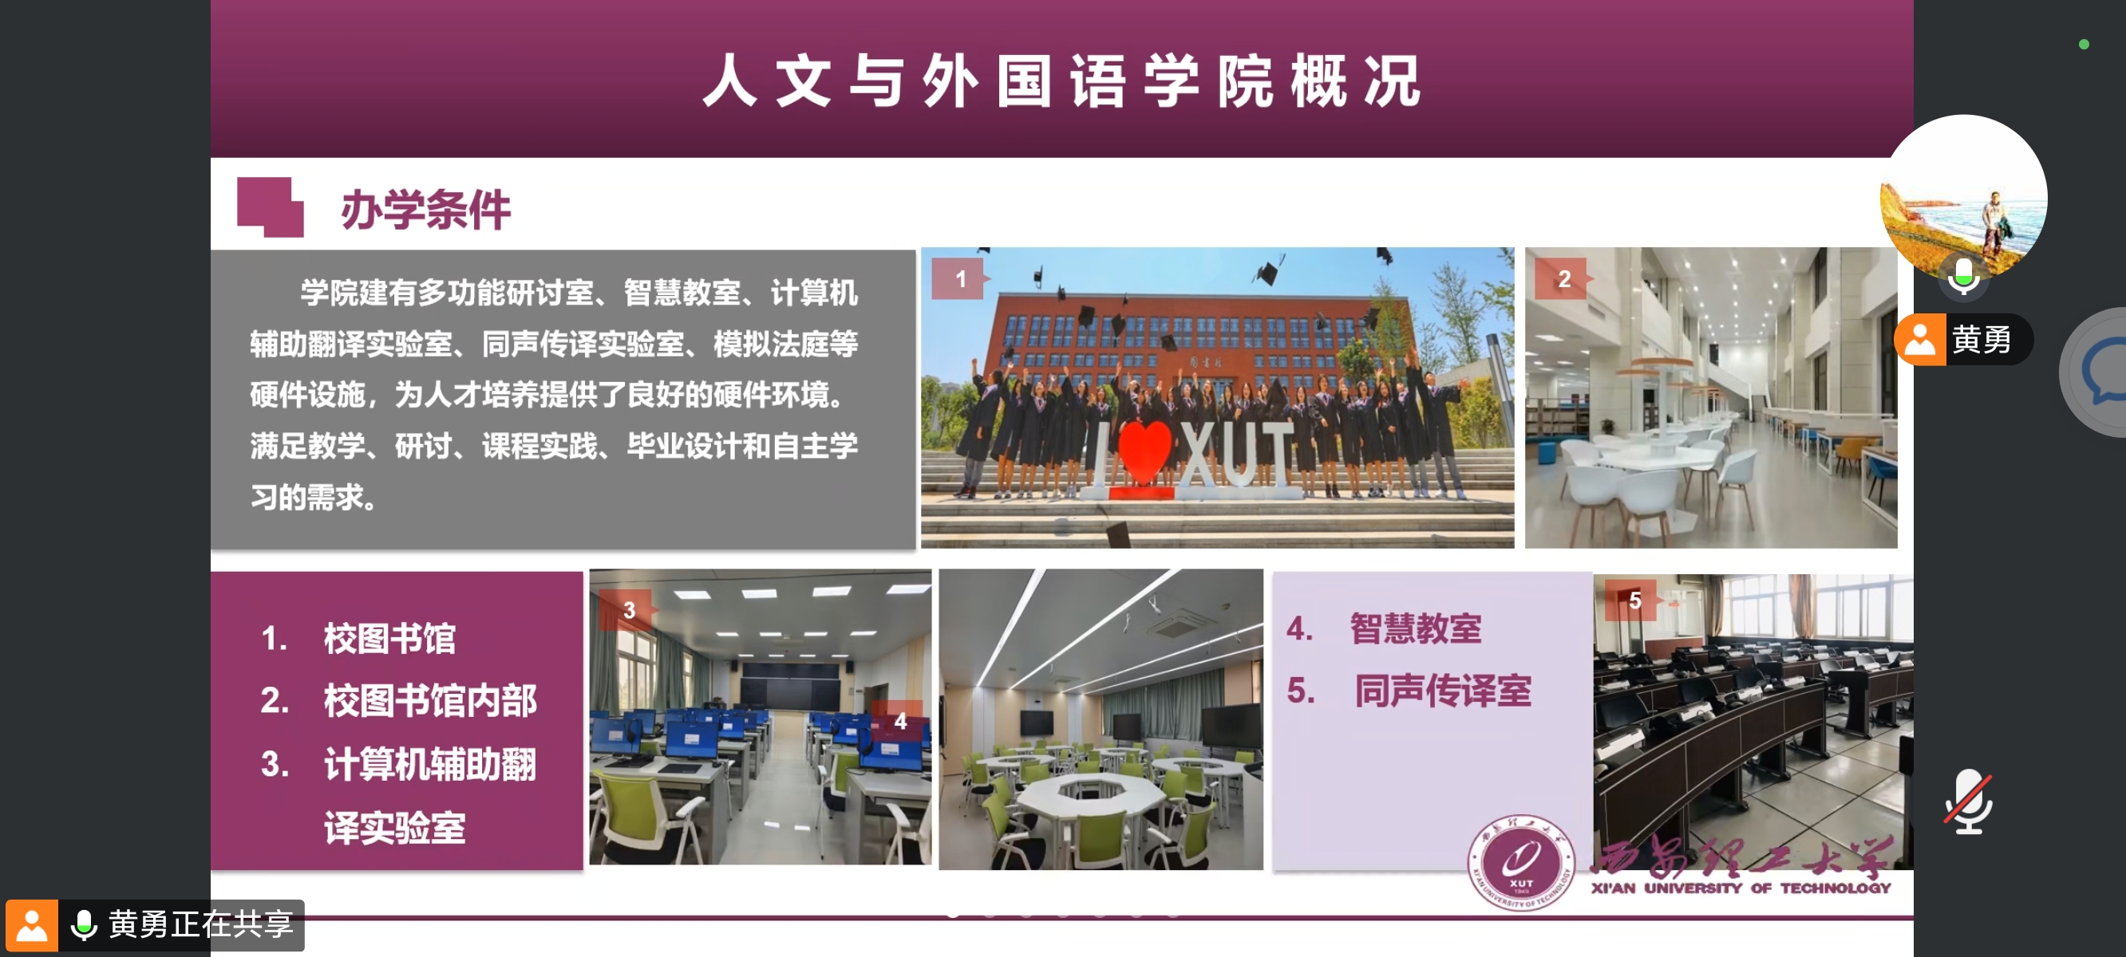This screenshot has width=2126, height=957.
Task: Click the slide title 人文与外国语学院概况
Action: [x=1062, y=81]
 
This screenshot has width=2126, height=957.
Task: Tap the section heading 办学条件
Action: [x=426, y=210]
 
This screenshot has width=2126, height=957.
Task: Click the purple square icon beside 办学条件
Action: [x=270, y=207]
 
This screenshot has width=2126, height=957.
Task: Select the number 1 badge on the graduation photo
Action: [x=959, y=279]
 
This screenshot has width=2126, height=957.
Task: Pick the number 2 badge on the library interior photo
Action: [x=1563, y=279]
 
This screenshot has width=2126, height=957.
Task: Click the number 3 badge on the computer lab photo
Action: [x=628, y=611]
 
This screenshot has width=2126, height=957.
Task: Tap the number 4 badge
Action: [x=899, y=721]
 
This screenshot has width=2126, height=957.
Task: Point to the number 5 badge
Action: [x=1634, y=601]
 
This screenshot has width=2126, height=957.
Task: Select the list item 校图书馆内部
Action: [x=430, y=700]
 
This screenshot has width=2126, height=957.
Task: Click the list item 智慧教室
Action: [x=1416, y=628]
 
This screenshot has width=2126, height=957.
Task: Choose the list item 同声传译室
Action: [x=1443, y=690]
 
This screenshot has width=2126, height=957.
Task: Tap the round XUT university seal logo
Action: [x=1520, y=863]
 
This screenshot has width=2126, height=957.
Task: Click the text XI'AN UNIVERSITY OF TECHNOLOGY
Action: [x=1741, y=888]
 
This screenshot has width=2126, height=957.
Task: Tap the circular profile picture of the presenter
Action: [x=1964, y=196]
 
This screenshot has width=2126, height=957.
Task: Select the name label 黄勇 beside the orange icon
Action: [x=1981, y=339]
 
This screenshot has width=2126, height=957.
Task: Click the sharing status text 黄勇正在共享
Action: [x=200, y=924]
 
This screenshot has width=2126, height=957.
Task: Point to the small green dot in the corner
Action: [x=2084, y=45]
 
